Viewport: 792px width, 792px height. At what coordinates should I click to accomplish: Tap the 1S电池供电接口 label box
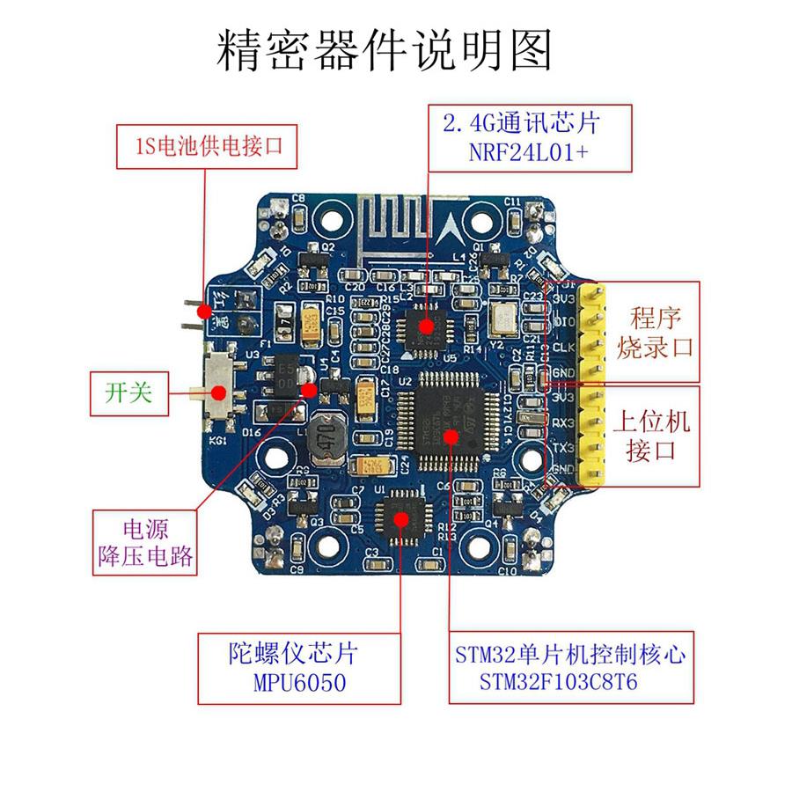click(208, 146)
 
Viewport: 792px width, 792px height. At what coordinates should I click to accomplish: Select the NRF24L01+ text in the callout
click(530, 152)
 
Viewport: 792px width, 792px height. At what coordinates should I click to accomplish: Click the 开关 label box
click(128, 392)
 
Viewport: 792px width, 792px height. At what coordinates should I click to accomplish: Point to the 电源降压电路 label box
click(145, 544)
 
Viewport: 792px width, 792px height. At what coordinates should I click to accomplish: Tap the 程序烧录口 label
click(656, 332)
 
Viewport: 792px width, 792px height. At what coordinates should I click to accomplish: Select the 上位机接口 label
click(657, 436)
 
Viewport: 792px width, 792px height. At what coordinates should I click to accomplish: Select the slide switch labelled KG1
click(219, 392)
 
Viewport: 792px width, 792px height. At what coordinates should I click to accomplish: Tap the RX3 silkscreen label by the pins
click(563, 422)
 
